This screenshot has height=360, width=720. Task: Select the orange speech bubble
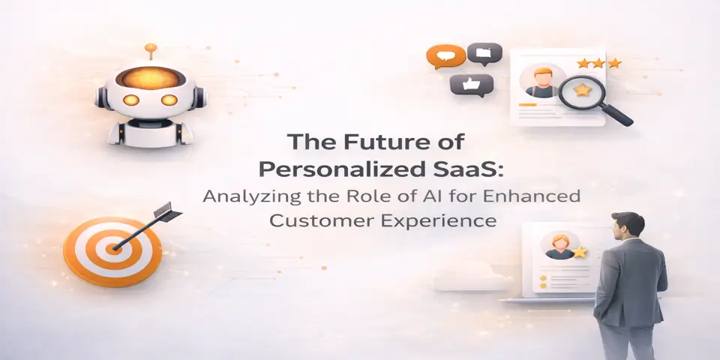pyautogui.click(x=441, y=55)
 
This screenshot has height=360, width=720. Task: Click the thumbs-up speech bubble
pyautogui.click(x=471, y=84)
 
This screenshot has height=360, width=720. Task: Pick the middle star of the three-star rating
pyautogui.click(x=599, y=64)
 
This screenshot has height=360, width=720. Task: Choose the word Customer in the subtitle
pyautogui.click(x=312, y=222)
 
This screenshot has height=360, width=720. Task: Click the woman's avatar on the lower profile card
pyautogui.click(x=558, y=245)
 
